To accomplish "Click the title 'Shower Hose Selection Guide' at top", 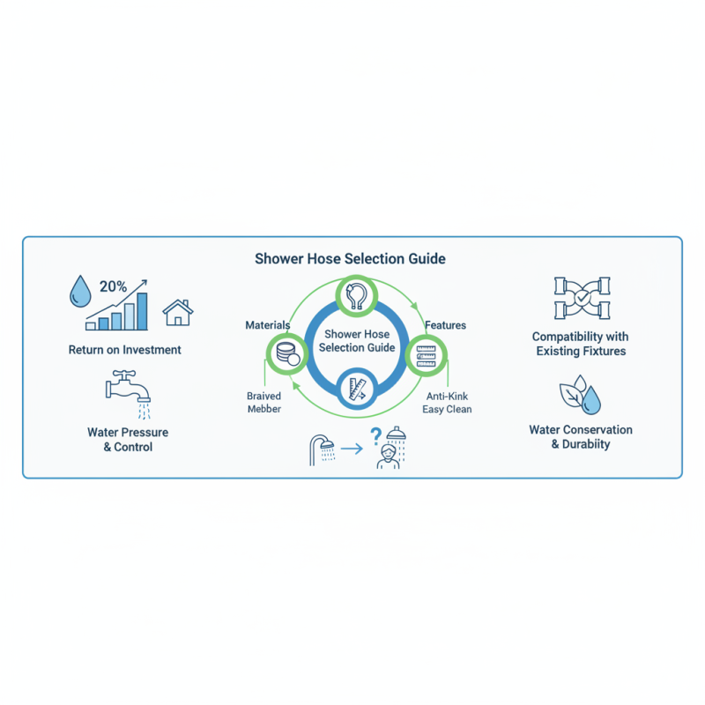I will coord(350,259).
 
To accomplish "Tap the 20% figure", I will coord(113,286).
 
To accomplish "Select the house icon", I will coord(178,312).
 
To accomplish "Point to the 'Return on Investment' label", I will coord(125,350).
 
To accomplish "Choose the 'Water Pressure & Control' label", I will coord(128,440).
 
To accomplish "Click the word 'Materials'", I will coord(268,326).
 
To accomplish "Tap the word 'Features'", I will coord(445,326).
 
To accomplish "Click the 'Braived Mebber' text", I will coord(263,403).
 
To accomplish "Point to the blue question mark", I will coord(376,435).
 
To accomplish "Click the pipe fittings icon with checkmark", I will coord(580,299).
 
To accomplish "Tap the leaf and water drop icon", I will coord(582,396).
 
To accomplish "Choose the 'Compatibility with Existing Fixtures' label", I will coord(580,344).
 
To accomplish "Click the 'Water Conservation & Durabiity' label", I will coord(580,437).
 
